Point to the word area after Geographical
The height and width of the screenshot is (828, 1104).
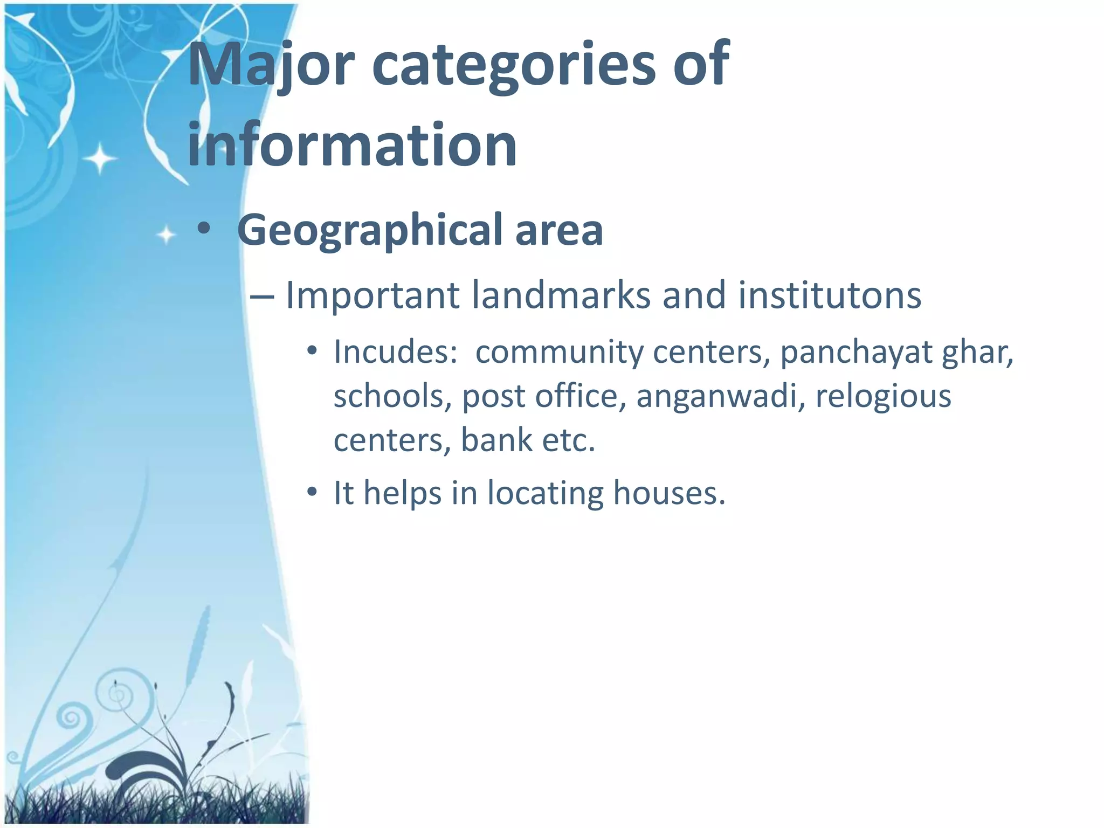click(x=558, y=231)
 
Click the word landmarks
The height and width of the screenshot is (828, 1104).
click(x=561, y=295)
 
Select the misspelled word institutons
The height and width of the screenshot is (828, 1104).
click(x=829, y=295)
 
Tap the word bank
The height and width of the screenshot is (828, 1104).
click(x=496, y=439)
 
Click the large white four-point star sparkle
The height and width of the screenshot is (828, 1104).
click(x=100, y=159)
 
